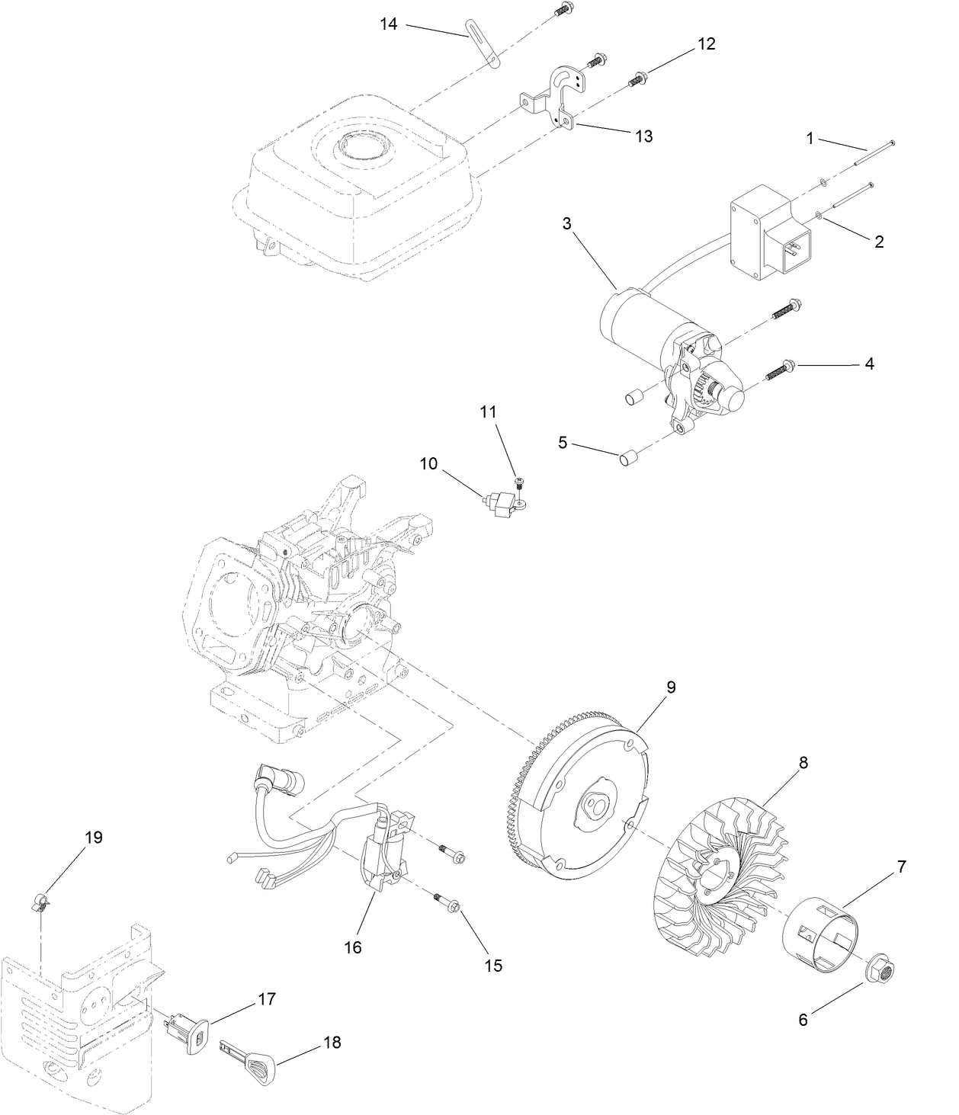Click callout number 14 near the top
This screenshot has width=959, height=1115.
click(x=389, y=24)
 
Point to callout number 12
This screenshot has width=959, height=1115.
click(x=706, y=44)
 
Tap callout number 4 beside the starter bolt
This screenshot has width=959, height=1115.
click(x=869, y=364)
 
